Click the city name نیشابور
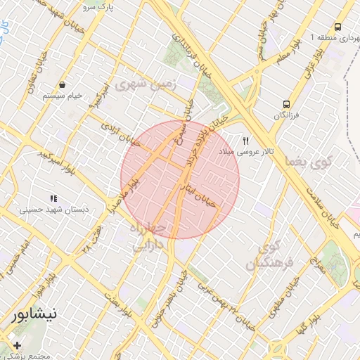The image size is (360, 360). click(x=34, y=316)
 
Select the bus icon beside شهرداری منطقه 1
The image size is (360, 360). click(x=338, y=27)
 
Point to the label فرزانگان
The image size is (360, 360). click(x=286, y=115)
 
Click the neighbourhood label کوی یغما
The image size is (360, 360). click(x=309, y=164)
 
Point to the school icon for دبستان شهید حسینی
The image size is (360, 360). click(x=54, y=198)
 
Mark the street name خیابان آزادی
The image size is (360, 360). click(x=116, y=134)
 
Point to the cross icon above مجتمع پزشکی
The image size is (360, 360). click(x=17, y=345)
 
